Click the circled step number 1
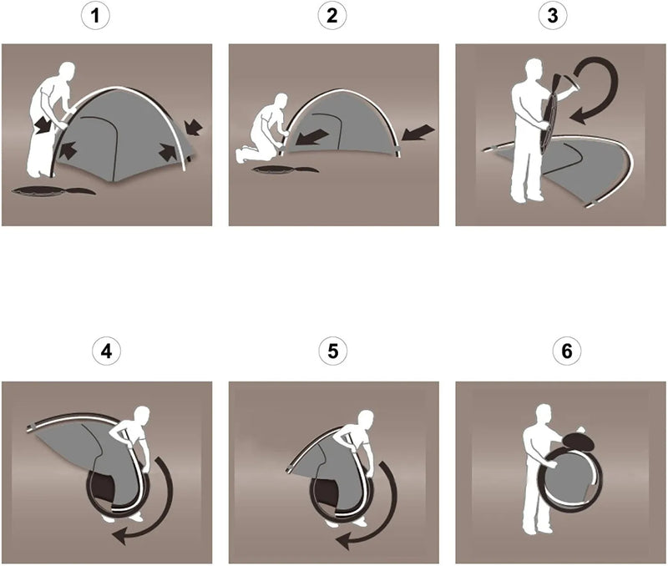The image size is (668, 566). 95,16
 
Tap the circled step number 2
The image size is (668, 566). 332,16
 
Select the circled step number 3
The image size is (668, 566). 552,16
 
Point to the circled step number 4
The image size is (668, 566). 107,351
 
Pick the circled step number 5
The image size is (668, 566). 332,351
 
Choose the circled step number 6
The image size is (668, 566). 567,351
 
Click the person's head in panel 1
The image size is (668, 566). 67,73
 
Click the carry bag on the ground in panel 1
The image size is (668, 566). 53,191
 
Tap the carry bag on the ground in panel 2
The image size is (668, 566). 285,169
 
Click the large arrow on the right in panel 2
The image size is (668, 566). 418,133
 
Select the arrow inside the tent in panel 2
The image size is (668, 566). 312,138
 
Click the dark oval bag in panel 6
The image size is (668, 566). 578,442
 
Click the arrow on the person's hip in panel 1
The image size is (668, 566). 43,124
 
